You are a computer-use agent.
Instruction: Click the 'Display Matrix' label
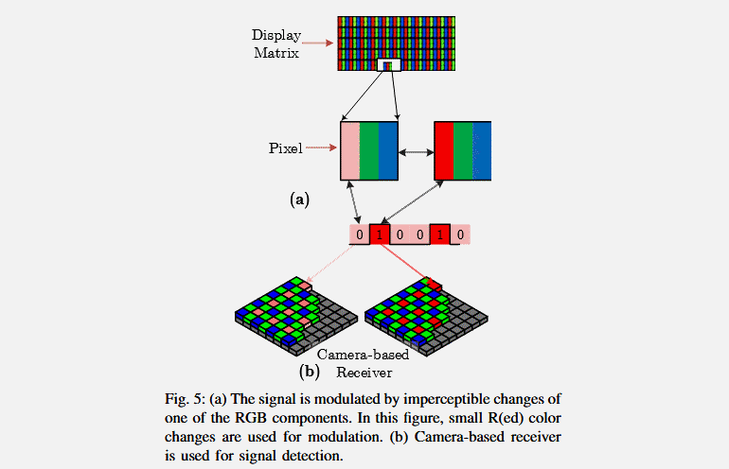click(x=276, y=43)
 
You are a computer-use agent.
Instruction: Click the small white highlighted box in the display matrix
click(x=389, y=64)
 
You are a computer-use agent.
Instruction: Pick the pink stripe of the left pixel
click(x=349, y=150)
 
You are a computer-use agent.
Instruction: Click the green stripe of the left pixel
click(x=368, y=150)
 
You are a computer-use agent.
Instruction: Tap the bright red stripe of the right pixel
click(x=443, y=150)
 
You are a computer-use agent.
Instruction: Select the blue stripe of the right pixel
click(x=482, y=150)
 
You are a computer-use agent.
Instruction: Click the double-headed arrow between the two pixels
click(x=416, y=150)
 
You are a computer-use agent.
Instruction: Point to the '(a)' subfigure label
click(x=299, y=199)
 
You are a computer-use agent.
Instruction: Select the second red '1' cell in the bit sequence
click(x=439, y=234)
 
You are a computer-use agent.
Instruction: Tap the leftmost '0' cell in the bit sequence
click(x=359, y=234)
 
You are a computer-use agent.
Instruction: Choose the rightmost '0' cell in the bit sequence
click(x=459, y=234)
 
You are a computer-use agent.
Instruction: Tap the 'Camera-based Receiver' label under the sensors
click(x=363, y=364)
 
